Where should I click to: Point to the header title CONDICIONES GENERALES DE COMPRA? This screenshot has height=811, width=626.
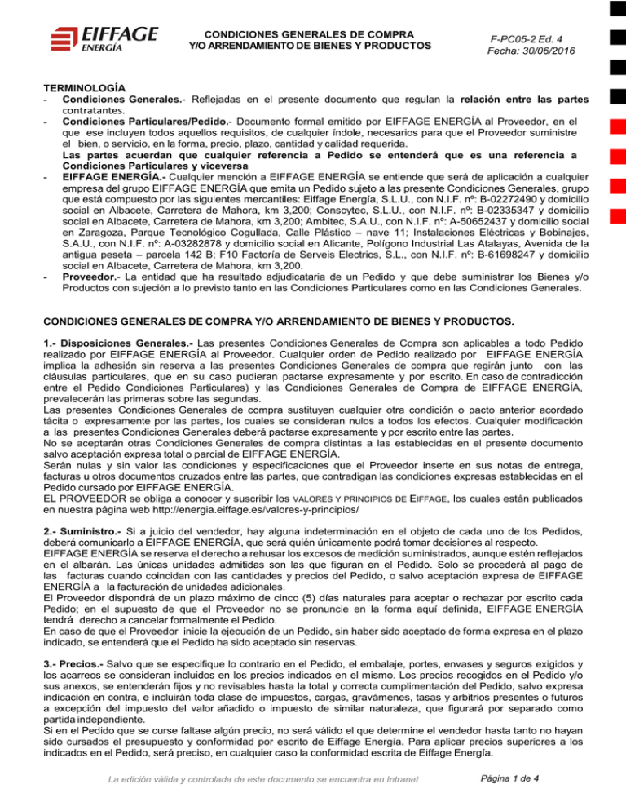310,36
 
